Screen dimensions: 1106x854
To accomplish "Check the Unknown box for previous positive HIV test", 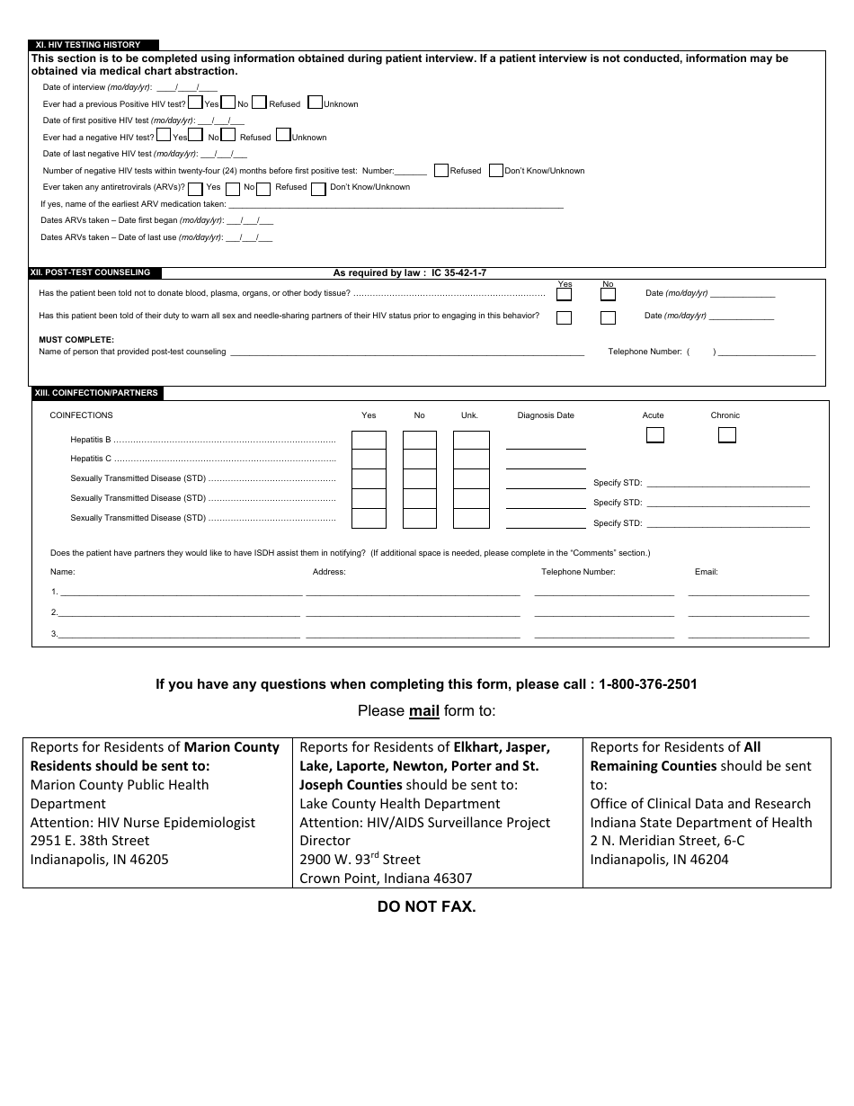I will pyautogui.click(x=315, y=103).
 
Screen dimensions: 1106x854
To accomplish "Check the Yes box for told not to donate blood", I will pyautogui.click(x=564, y=294).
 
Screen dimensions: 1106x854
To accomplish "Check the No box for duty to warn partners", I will pyautogui.click(x=608, y=317).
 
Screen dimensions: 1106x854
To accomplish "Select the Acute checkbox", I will pyautogui.click(x=655, y=435).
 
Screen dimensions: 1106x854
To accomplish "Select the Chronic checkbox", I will pyautogui.click(x=726, y=435).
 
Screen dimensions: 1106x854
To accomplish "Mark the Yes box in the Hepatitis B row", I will pyautogui.click(x=369, y=440).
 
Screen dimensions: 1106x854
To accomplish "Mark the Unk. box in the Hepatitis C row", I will pyautogui.click(x=469, y=459).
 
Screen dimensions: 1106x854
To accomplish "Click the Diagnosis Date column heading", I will pyautogui.click(x=546, y=415).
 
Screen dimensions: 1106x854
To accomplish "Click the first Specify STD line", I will pyautogui.click(x=727, y=483).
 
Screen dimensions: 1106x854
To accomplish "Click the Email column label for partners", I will pyautogui.click(x=706, y=572).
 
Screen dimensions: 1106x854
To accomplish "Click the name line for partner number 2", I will pyautogui.click(x=180, y=612).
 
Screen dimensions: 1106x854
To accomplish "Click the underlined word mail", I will pyautogui.click(x=424, y=711).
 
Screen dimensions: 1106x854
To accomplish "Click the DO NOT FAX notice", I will pyautogui.click(x=426, y=907).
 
